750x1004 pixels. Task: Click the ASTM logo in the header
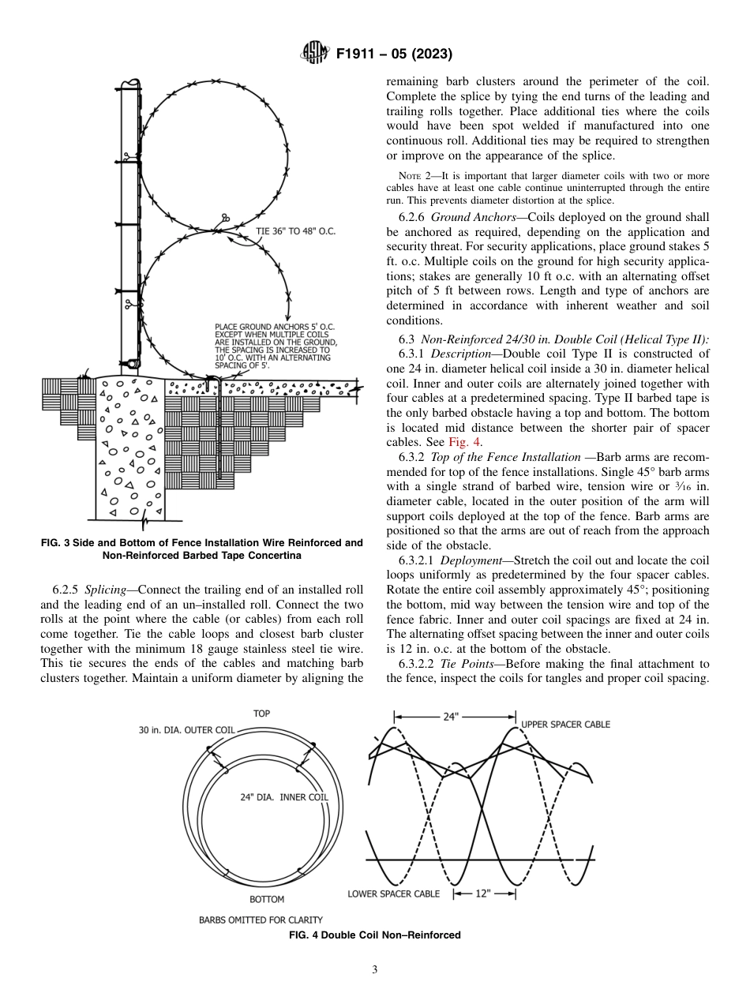coord(315,54)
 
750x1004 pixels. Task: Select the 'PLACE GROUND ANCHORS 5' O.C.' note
coord(276,326)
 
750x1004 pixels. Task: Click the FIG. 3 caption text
coord(201,549)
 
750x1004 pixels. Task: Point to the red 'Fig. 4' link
coord(465,442)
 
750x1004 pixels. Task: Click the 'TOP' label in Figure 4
coord(261,714)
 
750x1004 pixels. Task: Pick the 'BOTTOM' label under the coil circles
coord(267,899)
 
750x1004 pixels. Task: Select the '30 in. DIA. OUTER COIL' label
coord(187,730)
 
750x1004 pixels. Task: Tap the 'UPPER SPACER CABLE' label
coord(565,725)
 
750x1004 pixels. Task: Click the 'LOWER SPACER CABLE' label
coord(393,894)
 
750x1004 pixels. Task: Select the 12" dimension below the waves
coord(483,894)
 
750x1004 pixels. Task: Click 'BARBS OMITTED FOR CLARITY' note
coord(249,920)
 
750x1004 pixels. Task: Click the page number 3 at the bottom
coord(375,970)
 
